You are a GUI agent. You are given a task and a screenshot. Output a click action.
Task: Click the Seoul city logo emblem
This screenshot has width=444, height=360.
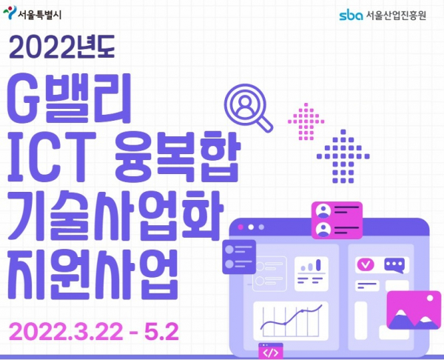coord(10,13)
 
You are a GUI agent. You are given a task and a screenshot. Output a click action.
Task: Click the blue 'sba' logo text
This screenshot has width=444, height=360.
coord(351,16)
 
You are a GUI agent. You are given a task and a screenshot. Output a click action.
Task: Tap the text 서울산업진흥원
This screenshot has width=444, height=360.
coord(396,16)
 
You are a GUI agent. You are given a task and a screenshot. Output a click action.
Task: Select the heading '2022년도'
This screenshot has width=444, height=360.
coord(62,47)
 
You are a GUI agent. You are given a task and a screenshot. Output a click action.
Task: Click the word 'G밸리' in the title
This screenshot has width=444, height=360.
coord(69,98)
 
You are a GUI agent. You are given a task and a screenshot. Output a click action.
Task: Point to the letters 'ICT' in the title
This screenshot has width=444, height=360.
coord(52,157)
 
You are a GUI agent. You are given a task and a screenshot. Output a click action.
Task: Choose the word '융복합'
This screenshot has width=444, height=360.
coord(178,157)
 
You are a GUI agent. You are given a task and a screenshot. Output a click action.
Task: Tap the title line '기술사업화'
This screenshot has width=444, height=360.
coord(115,216)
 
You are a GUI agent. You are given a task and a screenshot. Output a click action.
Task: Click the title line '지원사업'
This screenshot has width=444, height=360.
coord(92,274)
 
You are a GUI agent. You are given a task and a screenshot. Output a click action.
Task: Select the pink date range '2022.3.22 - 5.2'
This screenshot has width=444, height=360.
coord(94,332)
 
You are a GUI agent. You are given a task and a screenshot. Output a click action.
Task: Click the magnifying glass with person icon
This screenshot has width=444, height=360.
coord(249,107)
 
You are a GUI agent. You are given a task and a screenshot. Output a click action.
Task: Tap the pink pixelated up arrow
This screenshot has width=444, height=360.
coord(306,121)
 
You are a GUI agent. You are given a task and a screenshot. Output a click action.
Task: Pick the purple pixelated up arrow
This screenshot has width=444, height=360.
coord(343,156)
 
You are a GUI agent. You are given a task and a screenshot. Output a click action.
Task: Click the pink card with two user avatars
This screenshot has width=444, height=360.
coord(337,220)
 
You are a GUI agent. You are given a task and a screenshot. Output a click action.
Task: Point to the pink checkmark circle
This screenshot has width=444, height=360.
coord(366,264)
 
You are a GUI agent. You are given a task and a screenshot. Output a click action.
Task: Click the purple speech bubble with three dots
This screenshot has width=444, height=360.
coord(394,265)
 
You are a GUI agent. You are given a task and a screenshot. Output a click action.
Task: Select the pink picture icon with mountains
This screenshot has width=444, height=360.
coord(414,310)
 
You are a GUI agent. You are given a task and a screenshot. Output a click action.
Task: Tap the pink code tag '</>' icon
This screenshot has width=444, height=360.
coord(270,351)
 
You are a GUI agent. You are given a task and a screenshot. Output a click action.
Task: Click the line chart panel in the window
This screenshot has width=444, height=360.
coord(291,321)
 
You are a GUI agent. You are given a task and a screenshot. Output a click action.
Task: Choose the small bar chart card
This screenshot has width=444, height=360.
coord(312,274)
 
